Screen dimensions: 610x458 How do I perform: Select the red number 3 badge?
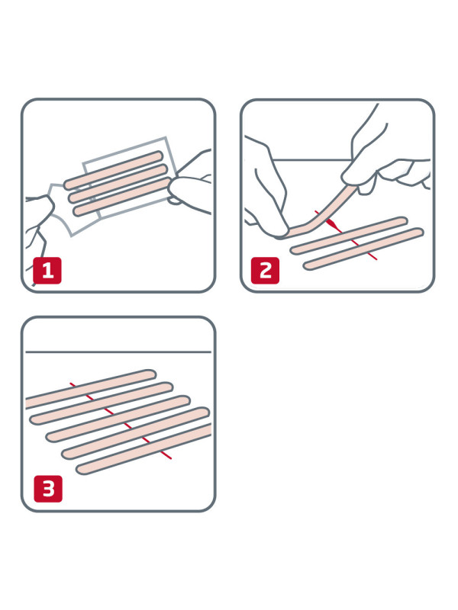(x=47, y=489)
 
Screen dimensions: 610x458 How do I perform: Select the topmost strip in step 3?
(x=92, y=387)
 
